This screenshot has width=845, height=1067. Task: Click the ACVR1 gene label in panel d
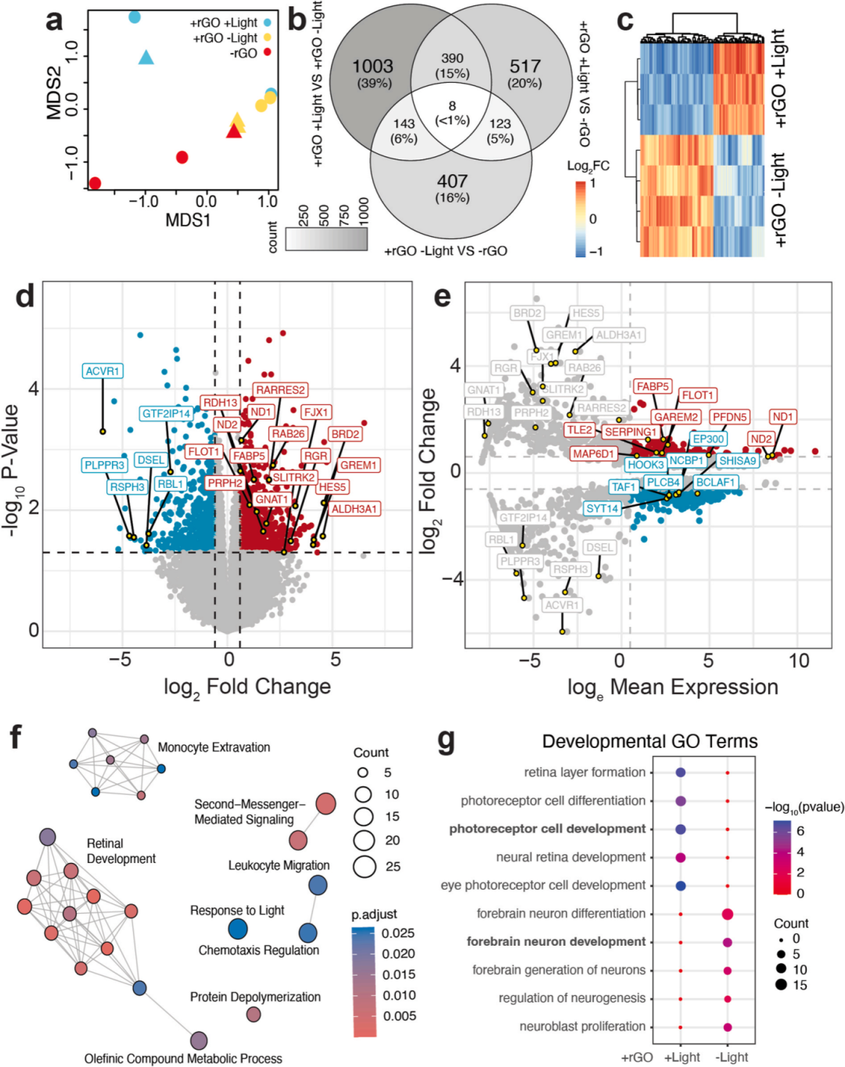pyautogui.click(x=102, y=371)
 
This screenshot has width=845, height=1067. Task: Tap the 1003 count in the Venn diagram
pyautogui.click(x=372, y=66)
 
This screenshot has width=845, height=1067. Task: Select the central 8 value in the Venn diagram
pyautogui.click(x=452, y=106)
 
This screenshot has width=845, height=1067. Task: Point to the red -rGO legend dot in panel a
pyautogui.click(x=268, y=53)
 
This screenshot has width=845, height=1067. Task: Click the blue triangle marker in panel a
pyautogui.click(x=146, y=57)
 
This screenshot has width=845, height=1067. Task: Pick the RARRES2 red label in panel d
pyautogui.click(x=280, y=390)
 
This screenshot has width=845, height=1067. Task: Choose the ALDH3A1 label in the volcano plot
pyautogui.click(x=354, y=509)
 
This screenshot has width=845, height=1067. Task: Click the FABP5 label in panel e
pyautogui.click(x=653, y=386)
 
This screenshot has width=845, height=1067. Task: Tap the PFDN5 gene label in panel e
pyautogui.click(x=730, y=417)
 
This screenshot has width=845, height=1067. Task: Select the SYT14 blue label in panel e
pyautogui.click(x=602, y=509)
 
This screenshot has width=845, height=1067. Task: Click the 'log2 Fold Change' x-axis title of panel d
pyautogui.click(x=247, y=687)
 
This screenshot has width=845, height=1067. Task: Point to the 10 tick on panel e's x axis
pyautogui.click(x=798, y=661)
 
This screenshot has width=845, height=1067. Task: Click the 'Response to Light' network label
pyautogui.click(x=237, y=911)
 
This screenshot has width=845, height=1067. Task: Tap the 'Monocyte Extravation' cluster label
pyautogui.click(x=214, y=747)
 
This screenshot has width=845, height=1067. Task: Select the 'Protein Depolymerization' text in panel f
pyautogui.click(x=255, y=997)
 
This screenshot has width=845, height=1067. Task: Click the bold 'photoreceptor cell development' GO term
pyautogui.click(x=548, y=829)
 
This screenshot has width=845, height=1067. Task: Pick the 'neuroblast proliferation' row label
pyautogui.click(x=582, y=1026)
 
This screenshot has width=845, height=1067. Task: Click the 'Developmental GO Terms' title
pyautogui.click(x=649, y=741)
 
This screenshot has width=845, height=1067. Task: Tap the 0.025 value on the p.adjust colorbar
pyautogui.click(x=398, y=933)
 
